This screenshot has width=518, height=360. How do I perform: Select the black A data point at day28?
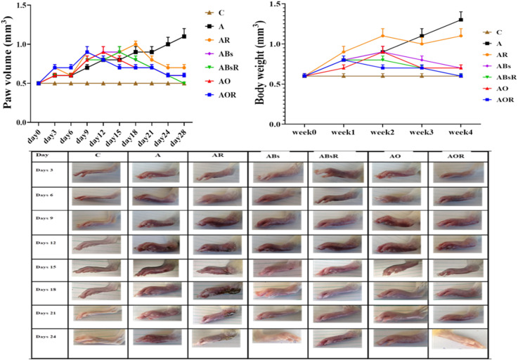coord(183,36)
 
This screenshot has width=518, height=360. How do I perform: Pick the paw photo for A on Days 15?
coord(158,269)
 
